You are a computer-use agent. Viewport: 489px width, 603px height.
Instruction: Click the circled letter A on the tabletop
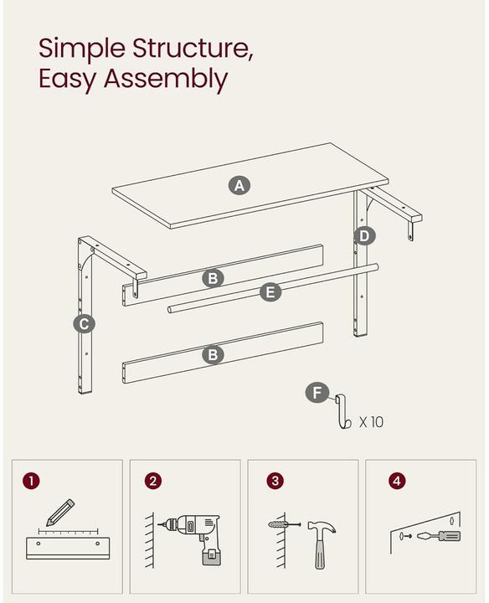coord(240,185)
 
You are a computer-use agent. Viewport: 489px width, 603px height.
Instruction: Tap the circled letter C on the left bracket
coord(84,323)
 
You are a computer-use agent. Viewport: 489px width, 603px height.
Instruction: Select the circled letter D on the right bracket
coord(363,235)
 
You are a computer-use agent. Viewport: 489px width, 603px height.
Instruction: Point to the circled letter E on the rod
coord(270,292)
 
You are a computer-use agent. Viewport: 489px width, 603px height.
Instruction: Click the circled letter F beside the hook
coord(316,393)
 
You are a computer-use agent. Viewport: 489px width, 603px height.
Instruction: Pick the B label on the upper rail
coord(213,277)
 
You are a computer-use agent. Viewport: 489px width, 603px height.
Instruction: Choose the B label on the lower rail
coord(213,355)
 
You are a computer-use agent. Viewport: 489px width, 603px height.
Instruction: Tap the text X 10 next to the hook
coord(371,422)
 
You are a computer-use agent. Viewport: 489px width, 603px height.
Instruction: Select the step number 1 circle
coord(31,481)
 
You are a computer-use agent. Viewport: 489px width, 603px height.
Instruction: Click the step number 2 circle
coord(152,481)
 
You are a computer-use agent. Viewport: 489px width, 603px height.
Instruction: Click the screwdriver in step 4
coord(438,535)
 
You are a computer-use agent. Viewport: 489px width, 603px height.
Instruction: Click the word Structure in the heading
coord(185,48)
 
